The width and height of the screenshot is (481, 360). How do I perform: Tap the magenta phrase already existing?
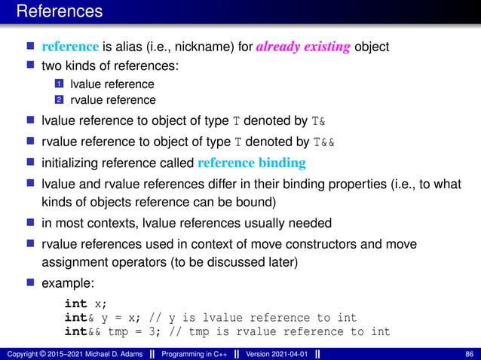pos(303,47)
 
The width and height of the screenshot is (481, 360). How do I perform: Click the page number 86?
pos(470,353)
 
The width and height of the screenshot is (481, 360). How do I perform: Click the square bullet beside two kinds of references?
pos(31,66)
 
